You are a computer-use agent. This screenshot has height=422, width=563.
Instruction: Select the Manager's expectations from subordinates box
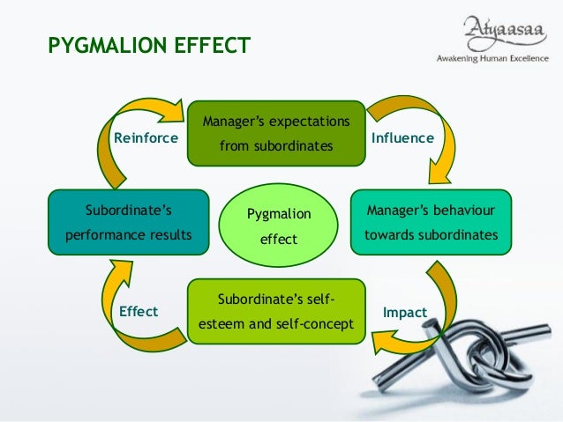click(276, 133)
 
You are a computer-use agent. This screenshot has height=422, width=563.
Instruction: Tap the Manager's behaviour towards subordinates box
click(431, 223)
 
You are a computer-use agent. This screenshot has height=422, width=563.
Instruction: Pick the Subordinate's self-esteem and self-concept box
click(276, 312)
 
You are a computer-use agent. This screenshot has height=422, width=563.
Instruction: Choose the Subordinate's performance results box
click(128, 223)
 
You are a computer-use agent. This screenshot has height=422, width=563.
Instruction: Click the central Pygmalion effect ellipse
click(278, 226)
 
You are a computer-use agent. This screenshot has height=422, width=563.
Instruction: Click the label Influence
click(402, 138)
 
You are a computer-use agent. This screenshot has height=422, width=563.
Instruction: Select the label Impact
click(405, 312)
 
